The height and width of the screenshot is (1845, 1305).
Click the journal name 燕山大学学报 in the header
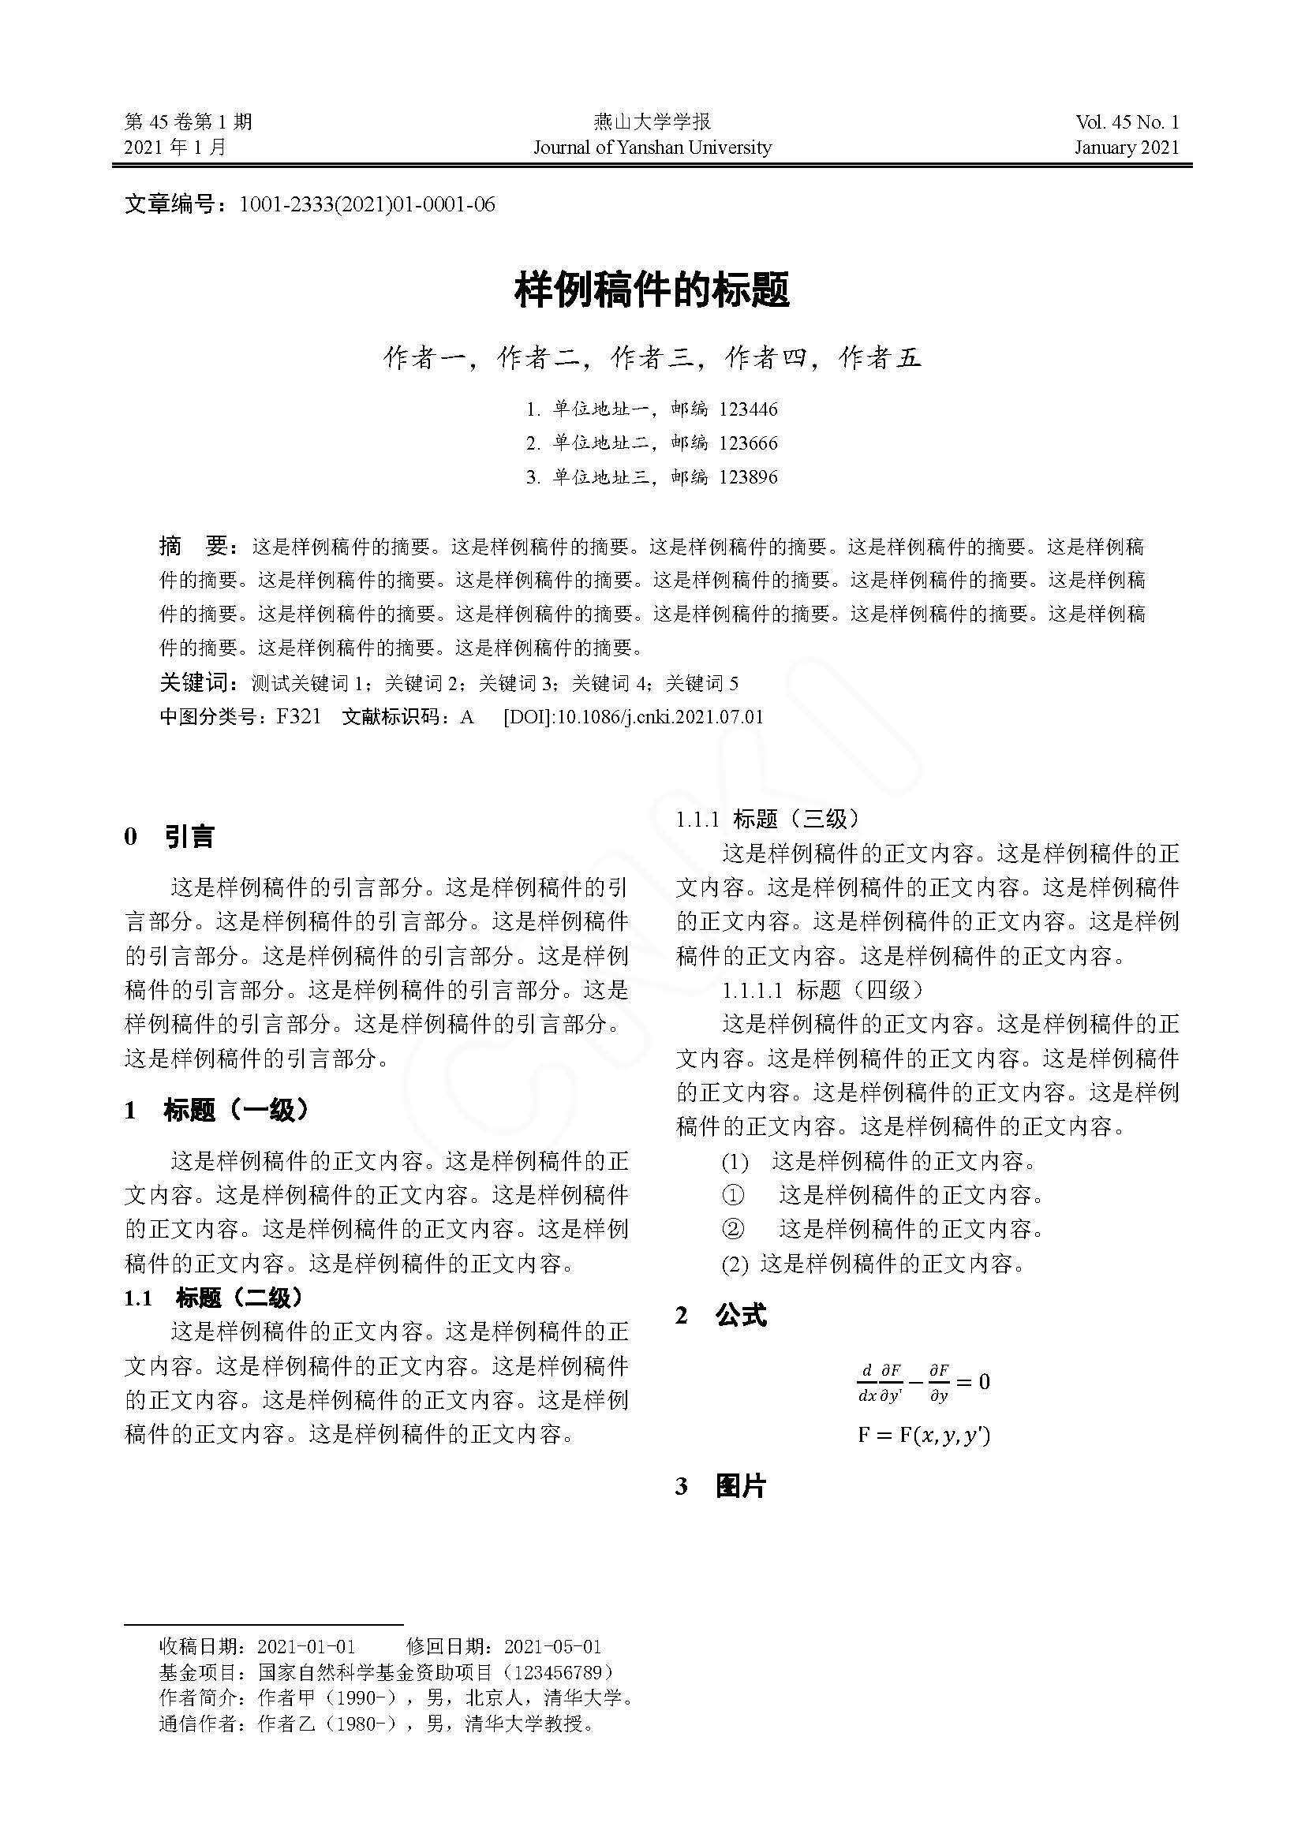pos(652,122)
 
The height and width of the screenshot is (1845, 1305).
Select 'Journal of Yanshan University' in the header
pos(652,148)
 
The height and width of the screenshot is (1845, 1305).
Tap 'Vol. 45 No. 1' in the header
pos(1127,122)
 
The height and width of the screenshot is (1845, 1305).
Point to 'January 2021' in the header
pos(1127,148)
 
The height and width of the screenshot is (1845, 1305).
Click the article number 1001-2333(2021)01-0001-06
pos(367,205)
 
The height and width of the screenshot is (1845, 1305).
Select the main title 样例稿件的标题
pos(652,290)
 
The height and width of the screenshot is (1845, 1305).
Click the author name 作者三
pos(652,357)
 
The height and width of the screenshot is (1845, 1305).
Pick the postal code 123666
pos(748,443)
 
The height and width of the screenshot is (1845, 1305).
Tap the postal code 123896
pos(748,477)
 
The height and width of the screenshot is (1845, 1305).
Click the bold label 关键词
pos(196,683)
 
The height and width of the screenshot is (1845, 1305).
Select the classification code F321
pos(298,717)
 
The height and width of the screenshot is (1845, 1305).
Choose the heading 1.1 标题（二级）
pos(214,1298)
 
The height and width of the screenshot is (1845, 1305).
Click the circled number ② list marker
pos(733,1229)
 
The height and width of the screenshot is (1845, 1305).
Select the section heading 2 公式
pos(721,1316)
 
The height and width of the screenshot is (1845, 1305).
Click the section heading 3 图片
pos(721,1487)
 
